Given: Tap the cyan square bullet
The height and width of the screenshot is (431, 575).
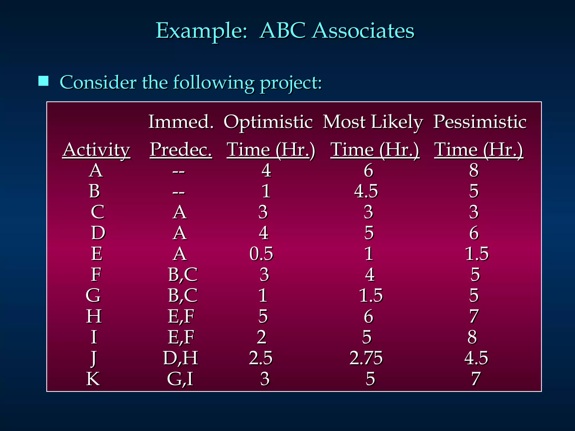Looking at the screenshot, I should coord(44,81).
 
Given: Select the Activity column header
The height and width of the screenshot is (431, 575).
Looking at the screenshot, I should coord(96,150).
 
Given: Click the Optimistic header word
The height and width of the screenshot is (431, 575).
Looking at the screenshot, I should coord(268,122).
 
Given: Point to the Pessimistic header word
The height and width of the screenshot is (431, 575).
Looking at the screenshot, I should coord(480,122).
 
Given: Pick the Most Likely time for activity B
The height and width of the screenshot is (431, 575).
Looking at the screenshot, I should coord(366,191).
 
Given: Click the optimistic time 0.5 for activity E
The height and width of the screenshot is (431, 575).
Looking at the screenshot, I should coord(261,254).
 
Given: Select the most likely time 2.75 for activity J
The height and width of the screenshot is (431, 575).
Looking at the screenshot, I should coord(366,358).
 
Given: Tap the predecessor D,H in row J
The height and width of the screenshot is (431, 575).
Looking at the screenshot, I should coord(181,358).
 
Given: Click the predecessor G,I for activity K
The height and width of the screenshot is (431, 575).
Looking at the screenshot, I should coord(180,379).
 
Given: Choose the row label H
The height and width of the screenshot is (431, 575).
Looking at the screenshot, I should coord(94,316).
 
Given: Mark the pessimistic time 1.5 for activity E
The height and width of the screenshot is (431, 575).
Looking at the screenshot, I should coord(477,254).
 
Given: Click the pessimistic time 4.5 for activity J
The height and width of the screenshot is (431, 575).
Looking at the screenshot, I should coord(476,358).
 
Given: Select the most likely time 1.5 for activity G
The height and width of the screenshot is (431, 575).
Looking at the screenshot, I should coord(371,295).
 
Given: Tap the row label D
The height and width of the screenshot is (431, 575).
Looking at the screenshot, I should coord(98,233).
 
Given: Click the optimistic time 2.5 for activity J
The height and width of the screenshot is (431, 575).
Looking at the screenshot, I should coord(261,358).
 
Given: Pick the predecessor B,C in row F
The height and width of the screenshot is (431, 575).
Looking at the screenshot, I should coord(182,274).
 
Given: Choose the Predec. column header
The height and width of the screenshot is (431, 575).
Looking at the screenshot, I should coord(181,150).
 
